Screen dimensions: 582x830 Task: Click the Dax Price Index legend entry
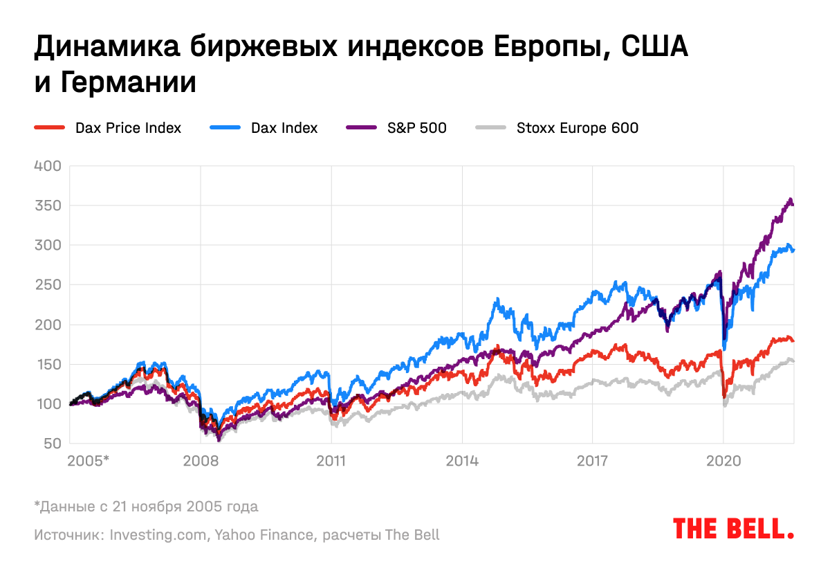[x=128, y=128]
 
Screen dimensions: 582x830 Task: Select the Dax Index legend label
[x=284, y=128]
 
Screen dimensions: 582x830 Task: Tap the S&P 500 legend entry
[x=416, y=128]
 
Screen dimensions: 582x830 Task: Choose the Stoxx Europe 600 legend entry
[x=577, y=128]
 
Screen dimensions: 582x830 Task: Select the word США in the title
[x=645, y=48]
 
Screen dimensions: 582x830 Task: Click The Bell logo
[x=733, y=529]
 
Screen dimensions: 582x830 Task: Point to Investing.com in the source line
[x=158, y=535]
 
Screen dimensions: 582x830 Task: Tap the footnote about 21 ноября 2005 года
[x=146, y=507]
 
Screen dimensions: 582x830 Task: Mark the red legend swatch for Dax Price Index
[x=49, y=128]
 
